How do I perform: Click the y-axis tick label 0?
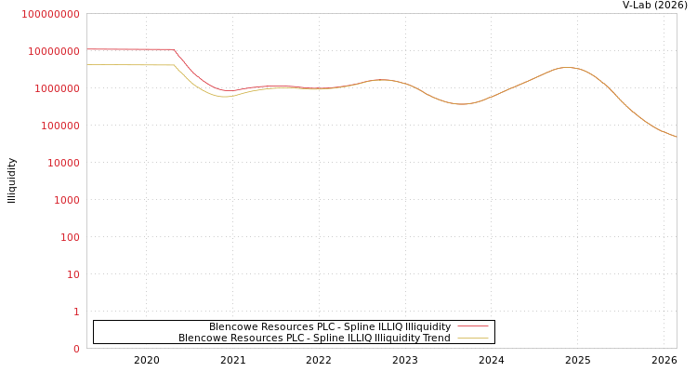pos(76,349)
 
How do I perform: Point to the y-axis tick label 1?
pos(76,312)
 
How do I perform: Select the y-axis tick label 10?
pos(73,274)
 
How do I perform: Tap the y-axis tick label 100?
pos(71,237)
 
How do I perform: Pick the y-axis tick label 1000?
pos(68,200)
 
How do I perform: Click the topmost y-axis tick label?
pos(51,14)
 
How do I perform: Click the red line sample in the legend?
pos(473,326)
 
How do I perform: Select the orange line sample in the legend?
pos(473,338)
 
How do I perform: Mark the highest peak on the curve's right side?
pos(566,67)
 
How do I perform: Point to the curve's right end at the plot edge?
pos(676,137)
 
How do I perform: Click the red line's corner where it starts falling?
pos(174,49)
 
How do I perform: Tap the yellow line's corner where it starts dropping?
pos(173,65)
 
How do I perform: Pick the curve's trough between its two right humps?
pos(462,104)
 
